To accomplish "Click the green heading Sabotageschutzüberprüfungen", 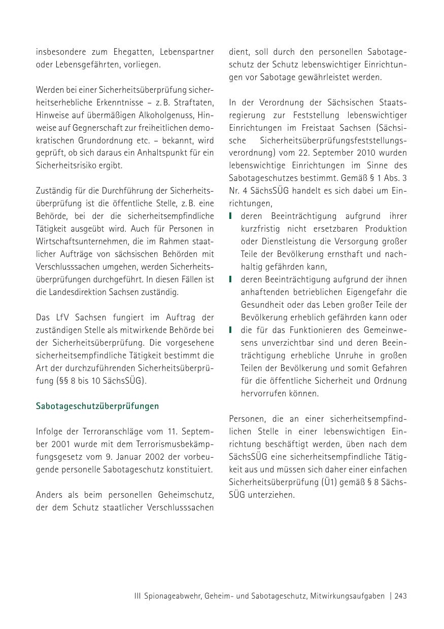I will tap(97, 406).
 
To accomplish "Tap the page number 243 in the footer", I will tap(400, 596).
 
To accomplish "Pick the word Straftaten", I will tap(195, 102).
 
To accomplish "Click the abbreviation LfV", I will tap(70, 317).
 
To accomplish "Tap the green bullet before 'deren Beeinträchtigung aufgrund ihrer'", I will tap(231, 216).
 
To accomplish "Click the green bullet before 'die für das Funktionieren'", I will tap(231, 330).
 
